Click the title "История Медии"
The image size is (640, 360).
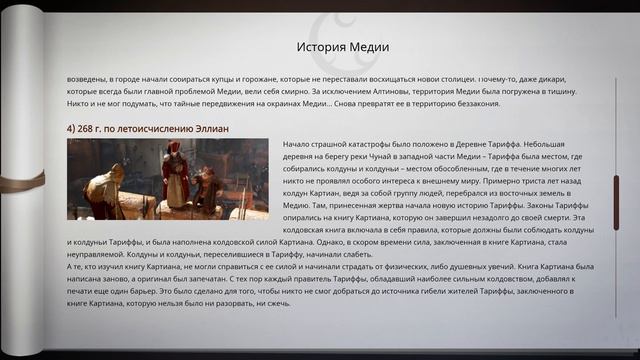point(343,47)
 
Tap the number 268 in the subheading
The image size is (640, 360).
point(91,127)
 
